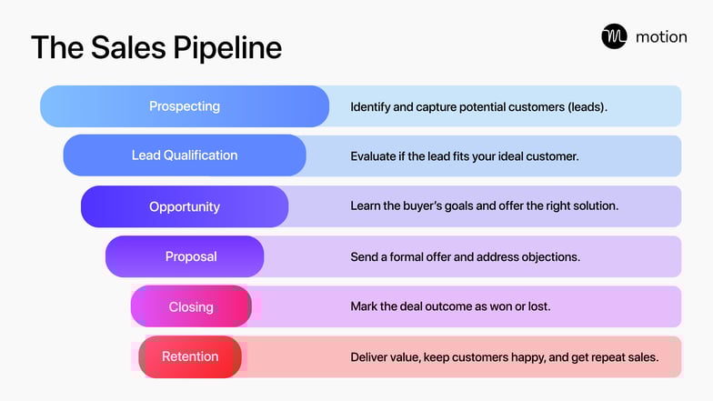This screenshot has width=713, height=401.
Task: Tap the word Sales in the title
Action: tap(125, 47)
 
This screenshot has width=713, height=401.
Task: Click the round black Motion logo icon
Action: tap(614, 36)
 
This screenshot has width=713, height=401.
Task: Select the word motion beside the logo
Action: tap(661, 37)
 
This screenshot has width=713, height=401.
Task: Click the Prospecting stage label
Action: tap(185, 106)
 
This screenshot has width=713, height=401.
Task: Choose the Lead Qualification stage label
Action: tap(185, 155)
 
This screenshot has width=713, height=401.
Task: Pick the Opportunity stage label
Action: tap(185, 206)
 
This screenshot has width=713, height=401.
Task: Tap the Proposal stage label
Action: tap(191, 256)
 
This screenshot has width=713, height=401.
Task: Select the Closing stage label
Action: tap(191, 306)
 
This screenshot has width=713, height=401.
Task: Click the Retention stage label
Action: tap(190, 356)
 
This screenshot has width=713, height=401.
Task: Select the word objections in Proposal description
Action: tap(551, 256)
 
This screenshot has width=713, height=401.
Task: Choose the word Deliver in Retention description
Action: tap(371, 356)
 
